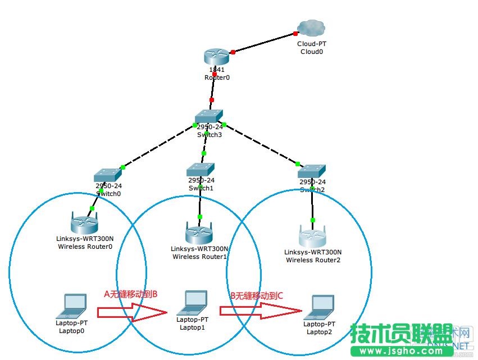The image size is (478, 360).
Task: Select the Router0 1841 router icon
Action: pos(217,57)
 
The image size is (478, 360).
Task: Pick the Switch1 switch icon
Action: pos(201,168)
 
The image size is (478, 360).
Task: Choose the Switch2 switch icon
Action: pos(312,171)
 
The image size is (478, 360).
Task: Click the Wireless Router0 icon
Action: pos(85,223)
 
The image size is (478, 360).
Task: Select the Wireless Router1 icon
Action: pos(199,231)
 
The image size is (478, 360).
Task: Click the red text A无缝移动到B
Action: pos(131,293)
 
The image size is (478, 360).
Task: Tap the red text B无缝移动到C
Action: pos(257,294)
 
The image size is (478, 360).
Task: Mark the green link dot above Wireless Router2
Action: pos(313,220)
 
